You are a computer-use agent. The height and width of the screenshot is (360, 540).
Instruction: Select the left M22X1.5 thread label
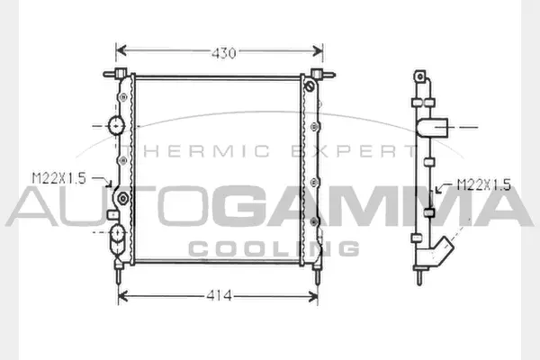pos(58,178)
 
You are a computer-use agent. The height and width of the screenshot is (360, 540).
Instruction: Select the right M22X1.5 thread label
pos(483,185)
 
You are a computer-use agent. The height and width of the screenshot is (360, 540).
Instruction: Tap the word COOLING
pos(274,248)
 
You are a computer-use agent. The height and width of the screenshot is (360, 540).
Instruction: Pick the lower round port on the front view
pos(117,237)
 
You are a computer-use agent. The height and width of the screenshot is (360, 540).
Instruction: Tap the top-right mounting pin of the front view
pos(318,73)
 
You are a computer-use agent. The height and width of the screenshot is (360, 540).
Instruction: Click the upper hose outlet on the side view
pos(441,127)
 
